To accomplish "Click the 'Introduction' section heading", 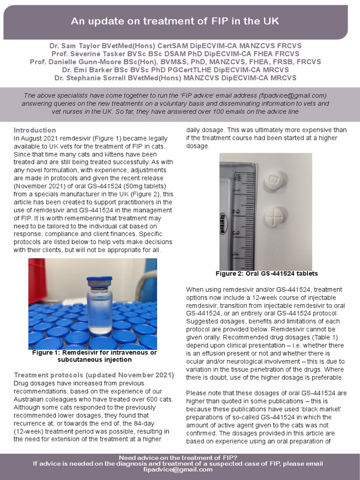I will pyautogui.click(x=35, y=130).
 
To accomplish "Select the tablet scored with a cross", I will pyautogui.click(x=273, y=216).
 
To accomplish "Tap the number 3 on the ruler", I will pyautogui.click(x=237, y=232).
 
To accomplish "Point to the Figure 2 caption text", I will pyautogui.click(x=266, y=274).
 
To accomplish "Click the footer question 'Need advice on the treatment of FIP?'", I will pyautogui.click(x=178, y=457).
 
